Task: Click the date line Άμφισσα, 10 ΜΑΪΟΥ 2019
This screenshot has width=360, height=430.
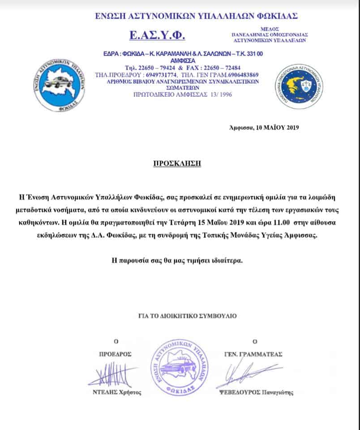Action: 263,127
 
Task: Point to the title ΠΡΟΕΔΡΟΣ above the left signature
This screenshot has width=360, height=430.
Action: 115,354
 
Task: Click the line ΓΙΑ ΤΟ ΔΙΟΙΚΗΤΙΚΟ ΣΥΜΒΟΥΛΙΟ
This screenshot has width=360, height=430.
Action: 181,316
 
